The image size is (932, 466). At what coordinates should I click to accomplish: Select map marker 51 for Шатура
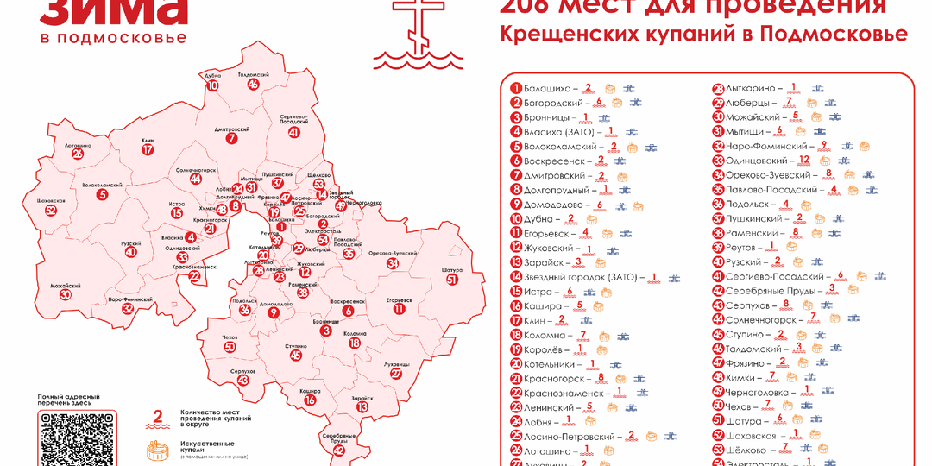tap(452, 280)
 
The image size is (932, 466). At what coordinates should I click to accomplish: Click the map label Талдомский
tap(253, 75)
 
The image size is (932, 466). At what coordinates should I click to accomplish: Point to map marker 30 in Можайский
tap(66, 294)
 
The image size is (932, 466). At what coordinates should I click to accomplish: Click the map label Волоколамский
tap(102, 185)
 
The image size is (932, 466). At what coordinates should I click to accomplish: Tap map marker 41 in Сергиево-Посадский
tap(294, 132)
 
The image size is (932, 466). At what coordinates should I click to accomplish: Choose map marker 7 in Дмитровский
tap(231, 138)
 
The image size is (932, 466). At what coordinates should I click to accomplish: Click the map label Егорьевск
tap(399, 300)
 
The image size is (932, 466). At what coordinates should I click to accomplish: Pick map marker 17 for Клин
tap(148, 149)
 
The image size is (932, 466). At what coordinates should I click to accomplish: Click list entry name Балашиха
tap(548, 88)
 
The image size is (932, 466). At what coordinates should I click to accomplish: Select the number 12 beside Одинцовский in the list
tap(803, 161)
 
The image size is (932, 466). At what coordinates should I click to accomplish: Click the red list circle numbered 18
tap(516, 335)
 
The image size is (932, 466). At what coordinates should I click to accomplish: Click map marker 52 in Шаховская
tap(51, 210)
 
